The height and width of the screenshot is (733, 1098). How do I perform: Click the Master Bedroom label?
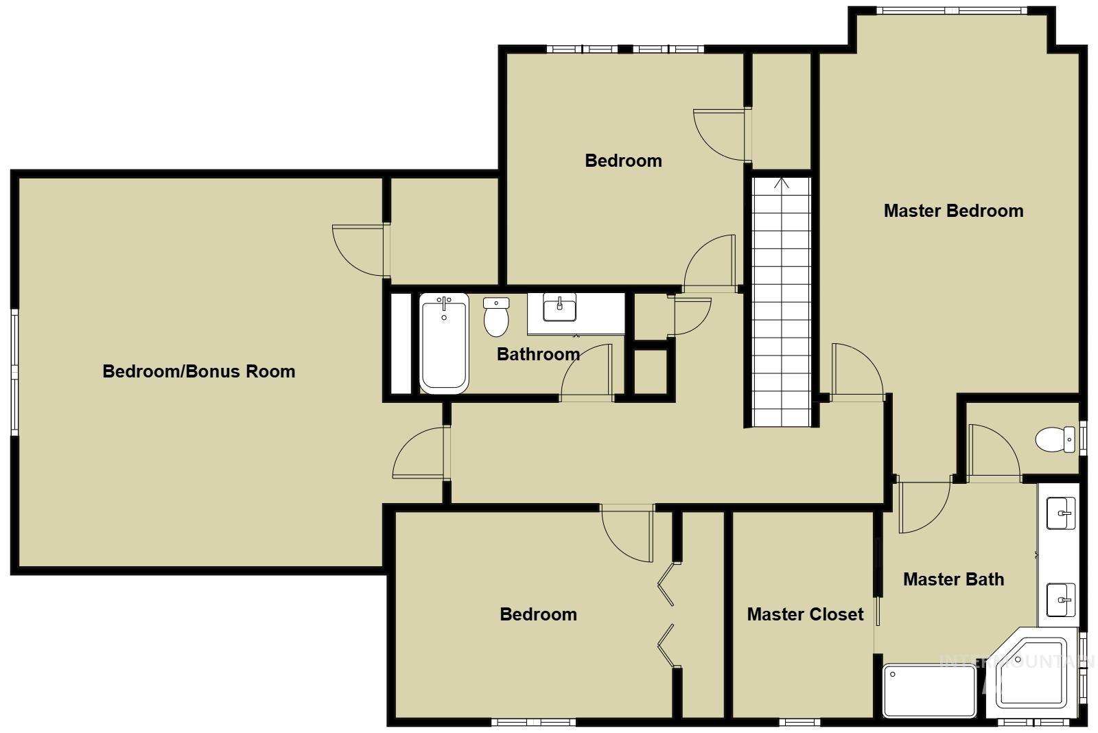[x=953, y=211]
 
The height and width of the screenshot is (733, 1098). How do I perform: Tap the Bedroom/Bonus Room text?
[x=198, y=371]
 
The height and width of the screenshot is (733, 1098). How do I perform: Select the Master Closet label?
[x=805, y=614]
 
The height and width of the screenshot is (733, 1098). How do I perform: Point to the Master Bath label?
[x=953, y=579]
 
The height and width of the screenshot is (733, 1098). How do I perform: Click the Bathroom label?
[x=538, y=354]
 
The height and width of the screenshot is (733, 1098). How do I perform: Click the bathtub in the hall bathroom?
[x=444, y=343]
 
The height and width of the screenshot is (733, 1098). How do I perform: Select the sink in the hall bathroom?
[x=559, y=307]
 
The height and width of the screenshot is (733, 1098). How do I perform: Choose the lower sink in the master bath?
[x=1061, y=600]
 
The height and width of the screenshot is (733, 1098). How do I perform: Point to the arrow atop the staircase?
[x=781, y=183]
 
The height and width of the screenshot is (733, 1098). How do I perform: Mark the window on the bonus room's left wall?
[x=14, y=371]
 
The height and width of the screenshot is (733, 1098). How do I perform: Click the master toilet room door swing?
[x=993, y=451]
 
